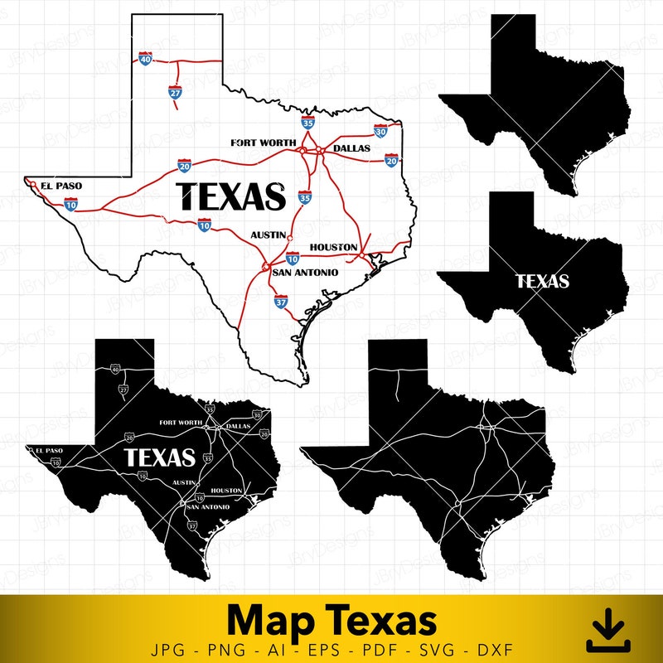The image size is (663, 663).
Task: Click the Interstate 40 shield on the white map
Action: click(x=146, y=60)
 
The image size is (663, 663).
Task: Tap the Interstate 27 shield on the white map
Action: click(x=175, y=92)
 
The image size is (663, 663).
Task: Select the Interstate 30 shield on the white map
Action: click(x=380, y=131)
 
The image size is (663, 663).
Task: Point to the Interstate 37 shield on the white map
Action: click(x=281, y=302)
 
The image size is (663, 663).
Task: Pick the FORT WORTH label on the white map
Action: click(x=264, y=143)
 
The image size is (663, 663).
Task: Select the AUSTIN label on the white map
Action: click(x=268, y=235)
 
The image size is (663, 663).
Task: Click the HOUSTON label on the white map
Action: click(x=334, y=247)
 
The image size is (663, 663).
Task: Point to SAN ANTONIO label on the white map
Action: click(x=306, y=273)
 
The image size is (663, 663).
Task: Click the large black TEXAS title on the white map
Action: click(x=232, y=197)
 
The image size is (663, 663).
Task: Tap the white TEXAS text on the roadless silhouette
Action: click(x=543, y=282)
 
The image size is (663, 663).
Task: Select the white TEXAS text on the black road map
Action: click(x=159, y=457)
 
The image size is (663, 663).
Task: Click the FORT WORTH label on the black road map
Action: click(x=180, y=423)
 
